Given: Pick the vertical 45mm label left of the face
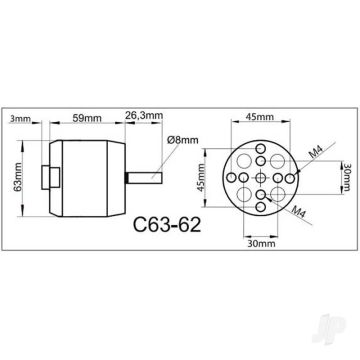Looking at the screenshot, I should coord(204,177).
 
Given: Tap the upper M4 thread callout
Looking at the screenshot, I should coord(316,149).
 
